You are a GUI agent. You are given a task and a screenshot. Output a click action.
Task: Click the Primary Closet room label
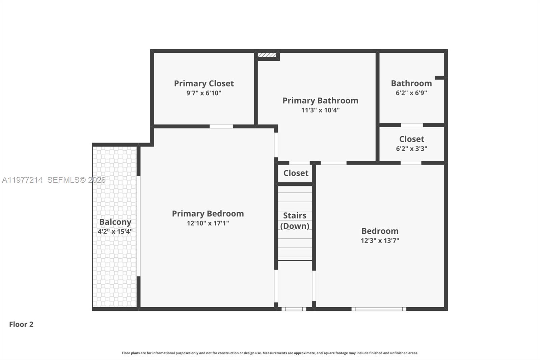[x=204, y=83]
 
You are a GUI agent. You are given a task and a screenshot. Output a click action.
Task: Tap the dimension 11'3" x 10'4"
[x=320, y=110]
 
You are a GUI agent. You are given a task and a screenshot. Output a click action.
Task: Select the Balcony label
[x=115, y=222]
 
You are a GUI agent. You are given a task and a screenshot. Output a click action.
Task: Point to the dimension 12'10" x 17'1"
[x=208, y=223]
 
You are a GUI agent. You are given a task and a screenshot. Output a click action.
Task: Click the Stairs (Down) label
[x=295, y=221]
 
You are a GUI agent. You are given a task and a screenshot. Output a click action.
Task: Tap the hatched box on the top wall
[x=267, y=55]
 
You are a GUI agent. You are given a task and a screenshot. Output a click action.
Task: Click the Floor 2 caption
[x=21, y=324]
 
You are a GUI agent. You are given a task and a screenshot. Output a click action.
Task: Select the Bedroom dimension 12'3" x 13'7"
[x=380, y=240]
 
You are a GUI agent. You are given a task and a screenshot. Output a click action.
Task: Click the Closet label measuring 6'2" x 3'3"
[x=411, y=139]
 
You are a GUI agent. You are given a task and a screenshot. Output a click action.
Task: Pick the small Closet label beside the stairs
[x=296, y=173]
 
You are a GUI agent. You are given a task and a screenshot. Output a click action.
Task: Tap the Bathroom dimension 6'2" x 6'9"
[x=411, y=93]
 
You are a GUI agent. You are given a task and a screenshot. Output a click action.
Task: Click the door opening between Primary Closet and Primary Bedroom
[x=221, y=126]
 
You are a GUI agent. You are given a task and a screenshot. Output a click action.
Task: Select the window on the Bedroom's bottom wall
[x=379, y=309]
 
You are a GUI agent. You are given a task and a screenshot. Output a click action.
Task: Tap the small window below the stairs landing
[x=294, y=309]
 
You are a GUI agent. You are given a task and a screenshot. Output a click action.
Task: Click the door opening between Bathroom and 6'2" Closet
[x=412, y=125]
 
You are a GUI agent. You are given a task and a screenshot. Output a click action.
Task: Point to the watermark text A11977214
[x=22, y=180]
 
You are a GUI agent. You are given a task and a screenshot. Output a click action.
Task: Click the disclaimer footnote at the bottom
[x=270, y=353]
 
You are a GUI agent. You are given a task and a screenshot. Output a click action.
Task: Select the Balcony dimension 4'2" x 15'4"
[x=115, y=232]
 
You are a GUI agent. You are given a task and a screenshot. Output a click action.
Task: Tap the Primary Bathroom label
[x=320, y=101]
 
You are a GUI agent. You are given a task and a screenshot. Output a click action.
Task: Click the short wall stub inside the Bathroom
[x=439, y=78]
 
